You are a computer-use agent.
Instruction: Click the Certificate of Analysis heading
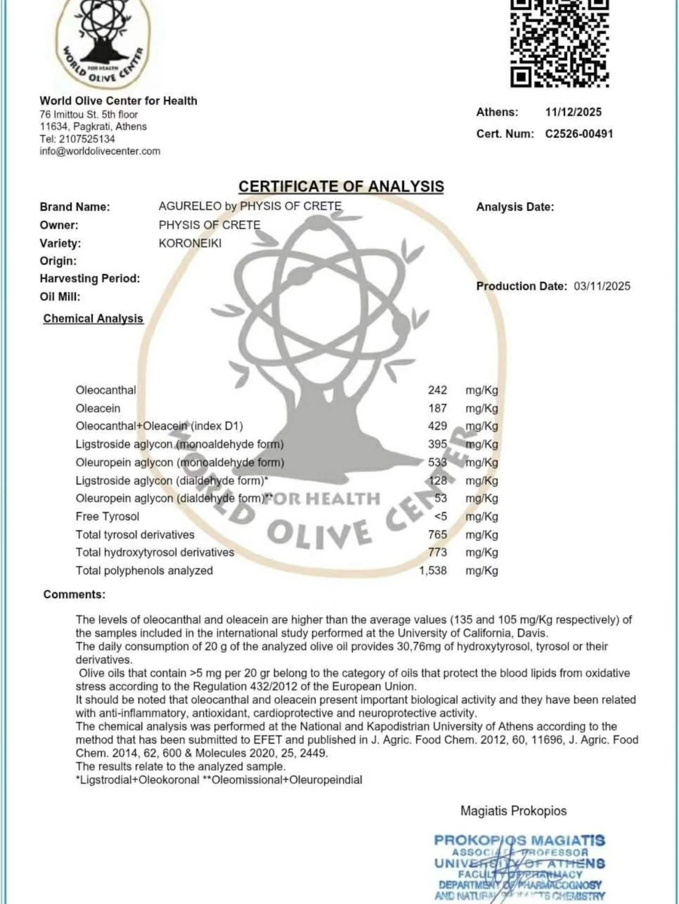pos(341,187)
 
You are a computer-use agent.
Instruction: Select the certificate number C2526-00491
pos(579,134)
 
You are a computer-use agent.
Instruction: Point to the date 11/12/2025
pos(573,112)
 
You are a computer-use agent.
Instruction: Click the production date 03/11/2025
pos(602,286)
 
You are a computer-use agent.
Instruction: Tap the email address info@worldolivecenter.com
pos(100,151)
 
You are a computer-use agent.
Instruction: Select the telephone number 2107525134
pos(87,139)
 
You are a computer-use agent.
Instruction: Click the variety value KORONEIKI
pos(190,244)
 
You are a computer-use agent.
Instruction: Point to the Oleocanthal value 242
pos(437,390)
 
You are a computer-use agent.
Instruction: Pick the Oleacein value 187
pos(437,408)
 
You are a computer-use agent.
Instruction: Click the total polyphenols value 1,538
pos(433,570)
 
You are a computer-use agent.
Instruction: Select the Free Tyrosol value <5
pos(440,516)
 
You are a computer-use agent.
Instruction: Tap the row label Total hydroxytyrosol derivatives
pos(155,553)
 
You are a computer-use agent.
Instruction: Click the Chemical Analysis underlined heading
pos(93,319)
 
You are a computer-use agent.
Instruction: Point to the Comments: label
pos(75,595)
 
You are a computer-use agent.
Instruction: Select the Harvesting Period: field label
pos(90,278)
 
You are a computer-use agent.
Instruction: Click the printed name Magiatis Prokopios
pos(513,811)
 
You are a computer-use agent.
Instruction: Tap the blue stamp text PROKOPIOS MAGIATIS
pos(519,840)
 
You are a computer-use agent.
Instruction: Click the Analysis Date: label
pos(515,207)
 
